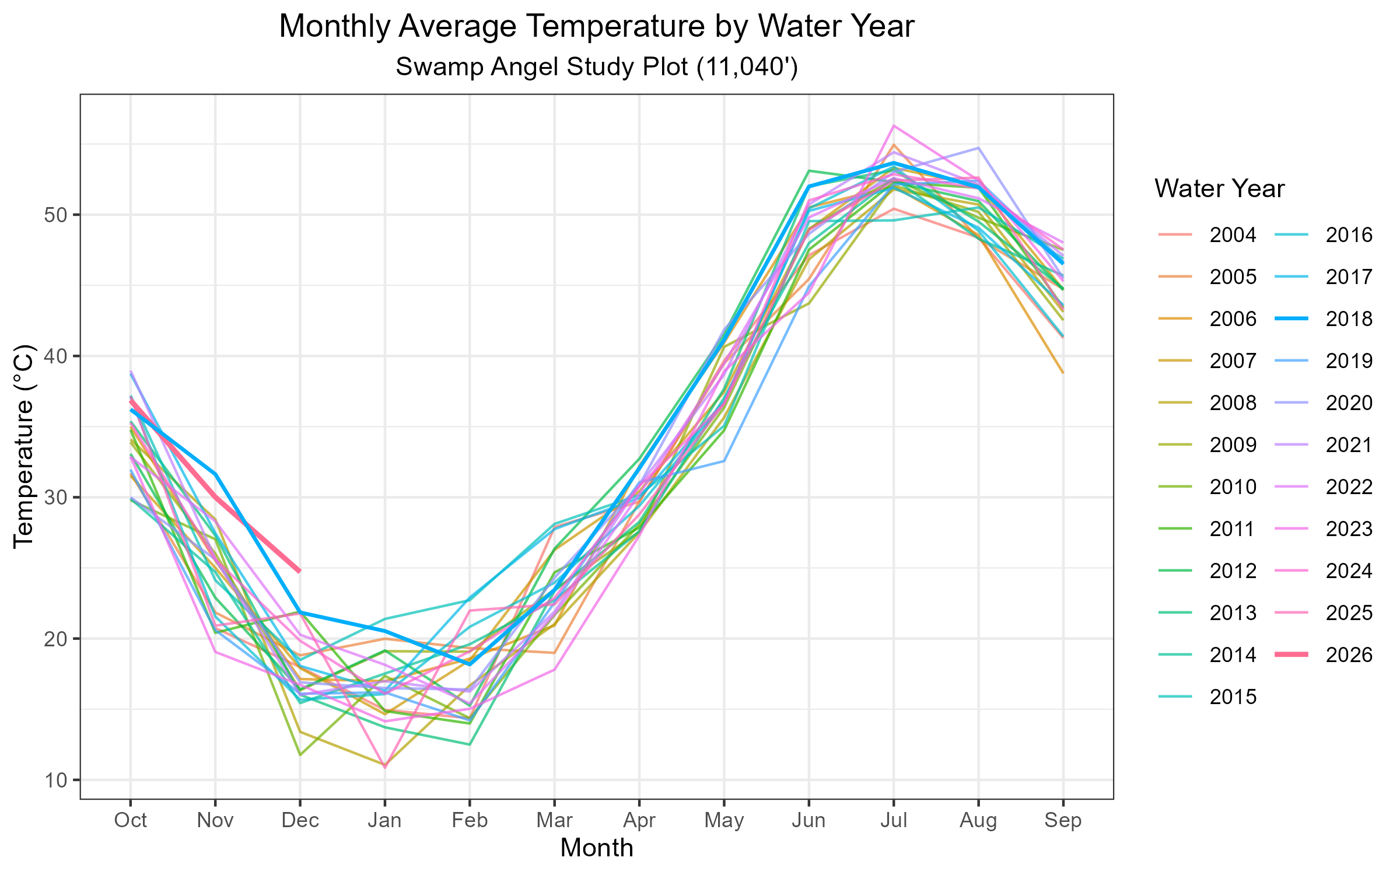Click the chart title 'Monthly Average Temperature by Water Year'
pyautogui.click(x=596, y=27)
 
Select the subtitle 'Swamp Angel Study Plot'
pyautogui.click(x=596, y=67)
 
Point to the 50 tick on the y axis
pyautogui.click(x=55, y=215)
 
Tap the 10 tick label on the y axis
pyautogui.click(x=55, y=780)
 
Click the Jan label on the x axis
pyautogui.click(x=384, y=821)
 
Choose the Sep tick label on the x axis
pyautogui.click(x=1063, y=821)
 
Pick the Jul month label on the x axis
pyautogui.click(x=893, y=821)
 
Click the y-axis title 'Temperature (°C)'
pyautogui.click(x=24, y=446)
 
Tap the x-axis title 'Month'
pyautogui.click(x=596, y=848)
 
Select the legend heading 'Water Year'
pyautogui.click(x=1219, y=189)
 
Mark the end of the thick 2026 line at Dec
pyautogui.click(x=300, y=571)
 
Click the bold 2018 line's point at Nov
pyautogui.click(x=215, y=474)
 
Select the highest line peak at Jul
pyautogui.click(x=893, y=125)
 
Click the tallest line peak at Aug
pyautogui.click(x=978, y=148)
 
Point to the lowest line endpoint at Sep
pyautogui.click(x=1063, y=372)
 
